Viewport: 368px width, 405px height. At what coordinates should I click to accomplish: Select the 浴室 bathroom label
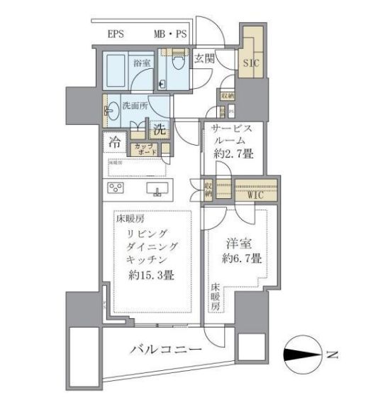(141, 63)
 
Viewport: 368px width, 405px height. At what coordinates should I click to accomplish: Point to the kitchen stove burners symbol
(116, 188)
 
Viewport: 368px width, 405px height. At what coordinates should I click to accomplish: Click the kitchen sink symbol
(156, 189)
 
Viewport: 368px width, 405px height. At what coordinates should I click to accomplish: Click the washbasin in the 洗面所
(111, 110)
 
